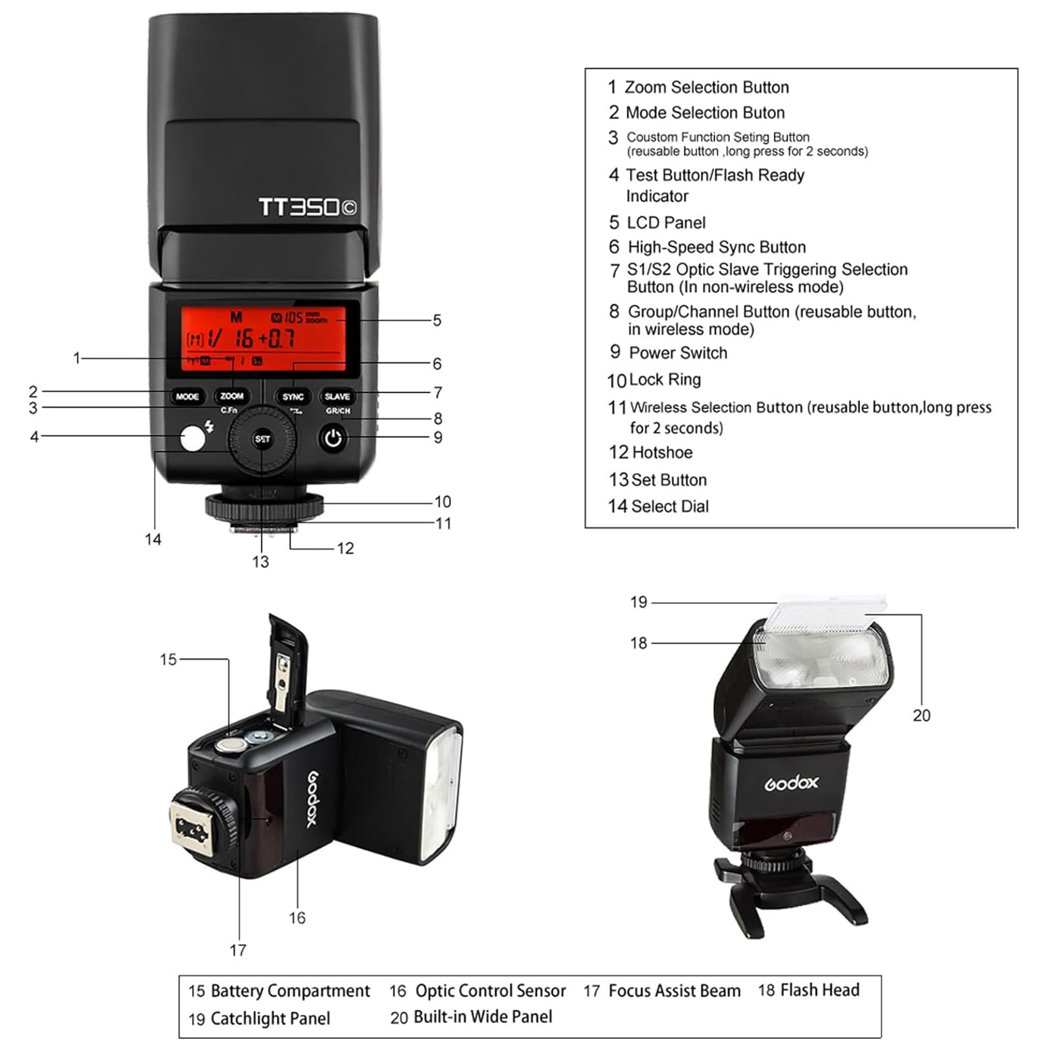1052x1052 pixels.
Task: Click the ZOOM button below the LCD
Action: click(x=231, y=396)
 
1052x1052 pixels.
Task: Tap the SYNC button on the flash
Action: click(x=293, y=396)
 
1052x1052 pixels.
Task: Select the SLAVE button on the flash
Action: click(x=337, y=396)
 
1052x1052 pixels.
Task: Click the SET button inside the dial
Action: click(x=262, y=439)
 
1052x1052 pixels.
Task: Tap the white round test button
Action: click(x=193, y=439)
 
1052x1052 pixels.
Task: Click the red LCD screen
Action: click(x=263, y=339)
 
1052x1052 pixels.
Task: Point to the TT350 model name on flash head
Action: click(x=307, y=207)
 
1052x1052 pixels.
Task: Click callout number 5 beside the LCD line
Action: click(x=437, y=320)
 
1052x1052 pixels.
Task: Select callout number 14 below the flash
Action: click(x=153, y=539)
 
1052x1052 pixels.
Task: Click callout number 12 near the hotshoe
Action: click(x=345, y=548)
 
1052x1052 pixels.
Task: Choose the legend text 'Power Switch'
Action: click(x=678, y=353)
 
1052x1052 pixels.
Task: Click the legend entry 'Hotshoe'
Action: click(x=661, y=452)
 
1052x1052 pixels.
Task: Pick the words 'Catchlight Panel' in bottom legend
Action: click(x=270, y=1018)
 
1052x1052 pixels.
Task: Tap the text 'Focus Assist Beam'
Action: click(x=674, y=991)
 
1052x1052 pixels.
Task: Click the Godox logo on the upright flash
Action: click(x=791, y=782)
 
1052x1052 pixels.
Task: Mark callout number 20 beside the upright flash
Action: click(x=921, y=715)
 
